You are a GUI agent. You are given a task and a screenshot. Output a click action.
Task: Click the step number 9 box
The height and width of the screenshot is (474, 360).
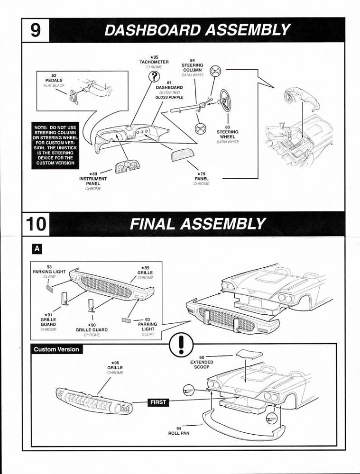[36, 30]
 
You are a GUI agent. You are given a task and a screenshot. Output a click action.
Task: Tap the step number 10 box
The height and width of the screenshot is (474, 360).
[36, 224]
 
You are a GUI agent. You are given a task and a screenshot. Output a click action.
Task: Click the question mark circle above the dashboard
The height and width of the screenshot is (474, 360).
[154, 76]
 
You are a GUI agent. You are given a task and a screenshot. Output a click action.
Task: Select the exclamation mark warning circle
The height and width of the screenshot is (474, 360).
[181, 345]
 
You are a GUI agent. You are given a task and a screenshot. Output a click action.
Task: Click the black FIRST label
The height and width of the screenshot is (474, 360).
[158, 402]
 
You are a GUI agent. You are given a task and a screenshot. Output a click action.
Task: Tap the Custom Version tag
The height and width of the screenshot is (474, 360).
[56, 349]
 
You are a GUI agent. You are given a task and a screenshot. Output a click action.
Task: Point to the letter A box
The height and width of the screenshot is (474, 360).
[37, 249]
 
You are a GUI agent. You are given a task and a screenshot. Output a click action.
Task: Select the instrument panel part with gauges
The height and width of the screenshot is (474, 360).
[126, 166]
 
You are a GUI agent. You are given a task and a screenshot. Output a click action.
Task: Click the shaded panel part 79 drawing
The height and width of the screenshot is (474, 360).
[185, 155]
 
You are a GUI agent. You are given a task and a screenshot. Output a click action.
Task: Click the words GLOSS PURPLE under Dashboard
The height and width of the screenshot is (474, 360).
[169, 97]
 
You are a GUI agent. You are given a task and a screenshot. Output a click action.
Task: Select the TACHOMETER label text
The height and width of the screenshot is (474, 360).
[154, 62]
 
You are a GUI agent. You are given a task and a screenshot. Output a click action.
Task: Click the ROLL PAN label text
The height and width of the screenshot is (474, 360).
[179, 433]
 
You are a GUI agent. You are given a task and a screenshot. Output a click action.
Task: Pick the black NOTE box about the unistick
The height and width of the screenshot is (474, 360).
[55, 146]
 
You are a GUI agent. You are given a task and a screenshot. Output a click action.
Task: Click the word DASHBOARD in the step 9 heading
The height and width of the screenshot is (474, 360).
[153, 30]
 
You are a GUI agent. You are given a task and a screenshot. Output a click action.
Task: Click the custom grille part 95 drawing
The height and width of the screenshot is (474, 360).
[94, 401]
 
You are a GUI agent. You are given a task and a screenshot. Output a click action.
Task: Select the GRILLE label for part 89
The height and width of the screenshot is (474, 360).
[145, 273]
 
